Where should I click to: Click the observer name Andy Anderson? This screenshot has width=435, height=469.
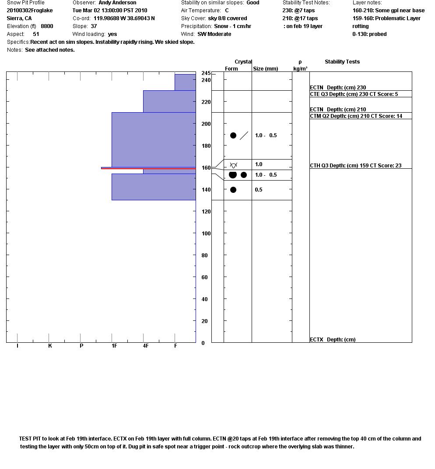coord(117,3)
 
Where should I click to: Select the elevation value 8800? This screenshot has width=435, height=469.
coord(47,26)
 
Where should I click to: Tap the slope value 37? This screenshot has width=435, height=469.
coord(94,26)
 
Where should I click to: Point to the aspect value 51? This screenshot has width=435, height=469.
coord(36,34)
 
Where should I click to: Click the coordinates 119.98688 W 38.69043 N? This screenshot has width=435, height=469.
coord(124,18)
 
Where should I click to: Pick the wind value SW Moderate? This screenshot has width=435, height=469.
coord(214,34)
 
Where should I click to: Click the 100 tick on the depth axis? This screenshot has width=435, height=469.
coord(206,234)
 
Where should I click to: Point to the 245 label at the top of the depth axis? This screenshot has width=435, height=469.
coord(206,73)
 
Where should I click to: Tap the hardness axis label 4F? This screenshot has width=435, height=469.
coord(145,346)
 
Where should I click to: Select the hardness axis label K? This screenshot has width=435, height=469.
coord(50,346)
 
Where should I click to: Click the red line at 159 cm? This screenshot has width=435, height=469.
coord(148,168)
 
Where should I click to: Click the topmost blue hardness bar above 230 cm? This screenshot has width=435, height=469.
coord(185,82)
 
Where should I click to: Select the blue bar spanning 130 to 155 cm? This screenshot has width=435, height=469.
coord(154,187)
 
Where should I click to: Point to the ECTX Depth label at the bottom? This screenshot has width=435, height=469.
coord(333,340)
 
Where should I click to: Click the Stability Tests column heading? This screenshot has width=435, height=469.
coord(342,62)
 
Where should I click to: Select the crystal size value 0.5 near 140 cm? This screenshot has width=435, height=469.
coord(259,190)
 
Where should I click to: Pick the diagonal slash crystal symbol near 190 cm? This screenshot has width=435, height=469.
coord(244,135)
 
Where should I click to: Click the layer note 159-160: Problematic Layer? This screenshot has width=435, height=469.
coord(386,18)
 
